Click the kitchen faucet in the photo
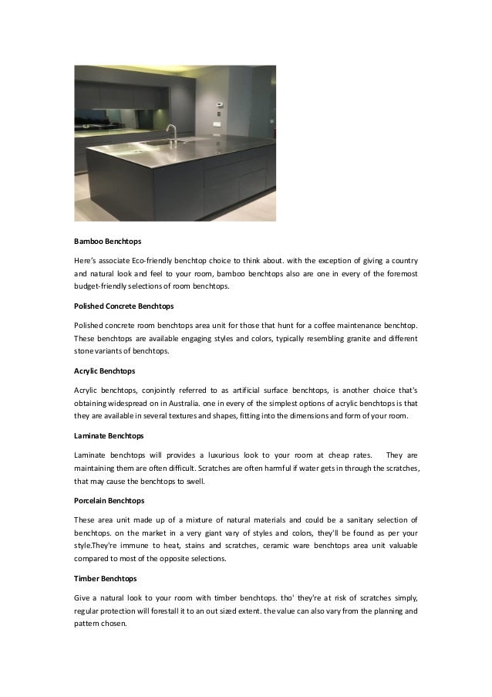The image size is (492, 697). click(172, 133)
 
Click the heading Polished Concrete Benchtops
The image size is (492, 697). click(124, 306)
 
